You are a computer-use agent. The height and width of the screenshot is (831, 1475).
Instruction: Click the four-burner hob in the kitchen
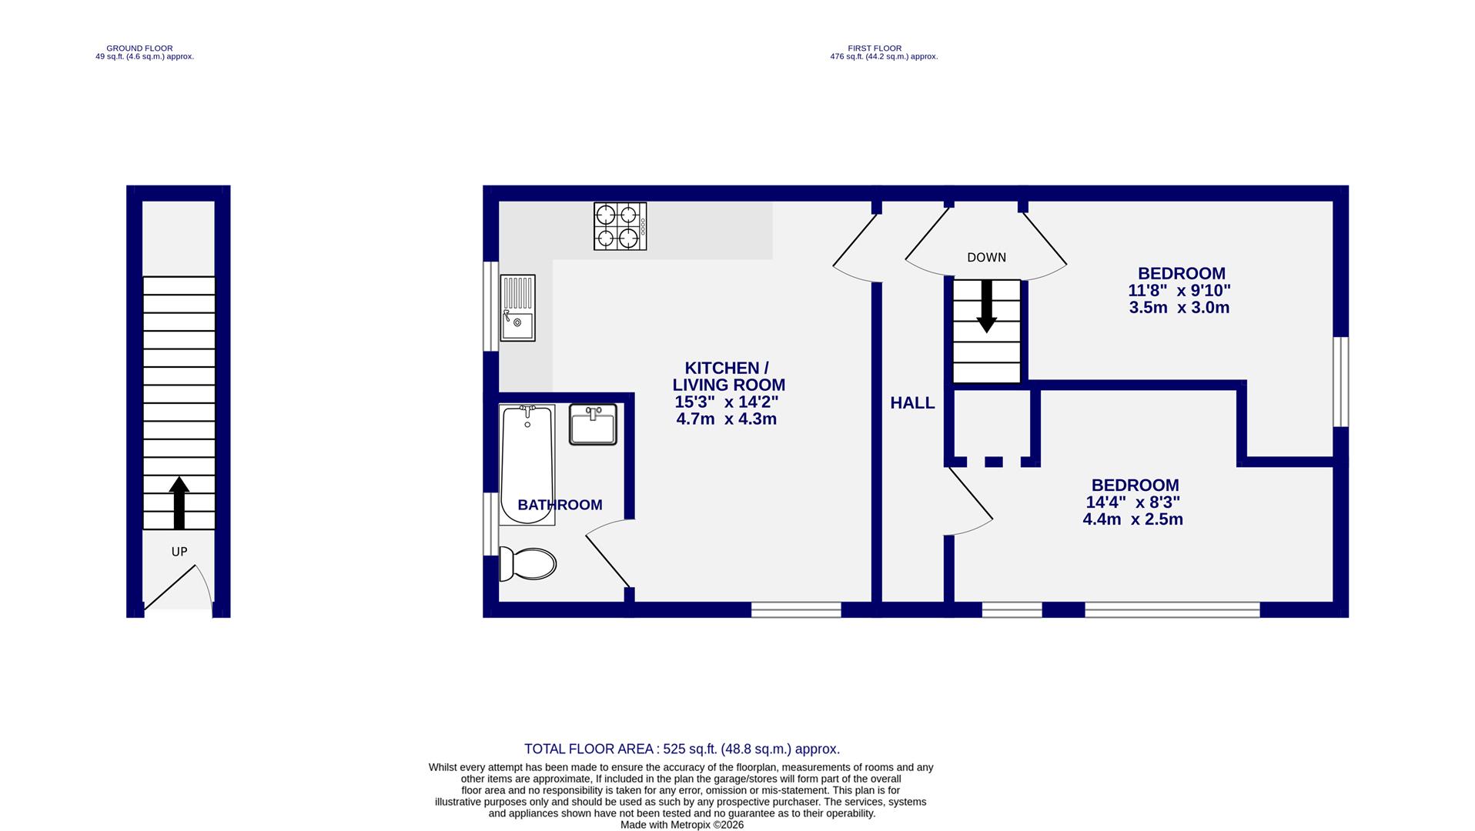[x=620, y=226]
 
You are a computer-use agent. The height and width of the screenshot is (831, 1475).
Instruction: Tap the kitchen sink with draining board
[x=517, y=308]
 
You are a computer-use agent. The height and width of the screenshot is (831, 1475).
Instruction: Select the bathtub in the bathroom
[x=527, y=465]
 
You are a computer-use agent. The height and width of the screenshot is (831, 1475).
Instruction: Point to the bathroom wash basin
[x=593, y=425]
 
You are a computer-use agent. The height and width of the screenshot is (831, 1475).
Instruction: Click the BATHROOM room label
[x=560, y=505]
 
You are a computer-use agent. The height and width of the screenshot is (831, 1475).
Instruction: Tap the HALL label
[x=912, y=402]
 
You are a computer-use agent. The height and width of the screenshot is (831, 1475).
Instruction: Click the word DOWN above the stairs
[x=986, y=258]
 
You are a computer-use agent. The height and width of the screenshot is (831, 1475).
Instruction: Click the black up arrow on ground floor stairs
[x=179, y=502]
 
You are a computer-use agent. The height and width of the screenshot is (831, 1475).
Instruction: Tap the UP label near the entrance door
[x=179, y=552]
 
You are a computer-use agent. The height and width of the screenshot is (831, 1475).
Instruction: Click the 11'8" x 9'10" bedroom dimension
[x=1179, y=291]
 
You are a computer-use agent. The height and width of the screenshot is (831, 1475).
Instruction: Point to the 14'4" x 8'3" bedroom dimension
[x=1132, y=502]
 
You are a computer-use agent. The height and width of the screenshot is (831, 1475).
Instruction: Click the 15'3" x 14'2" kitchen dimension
[x=727, y=402]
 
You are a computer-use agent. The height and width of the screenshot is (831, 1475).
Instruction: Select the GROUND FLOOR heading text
[x=139, y=48]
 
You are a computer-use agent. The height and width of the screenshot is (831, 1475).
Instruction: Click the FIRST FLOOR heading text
[x=875, y=48]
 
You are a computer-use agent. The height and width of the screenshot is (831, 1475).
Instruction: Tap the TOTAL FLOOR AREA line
[x=681, y=749]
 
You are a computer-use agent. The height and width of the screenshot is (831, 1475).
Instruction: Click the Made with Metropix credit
[x=682, y=824]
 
